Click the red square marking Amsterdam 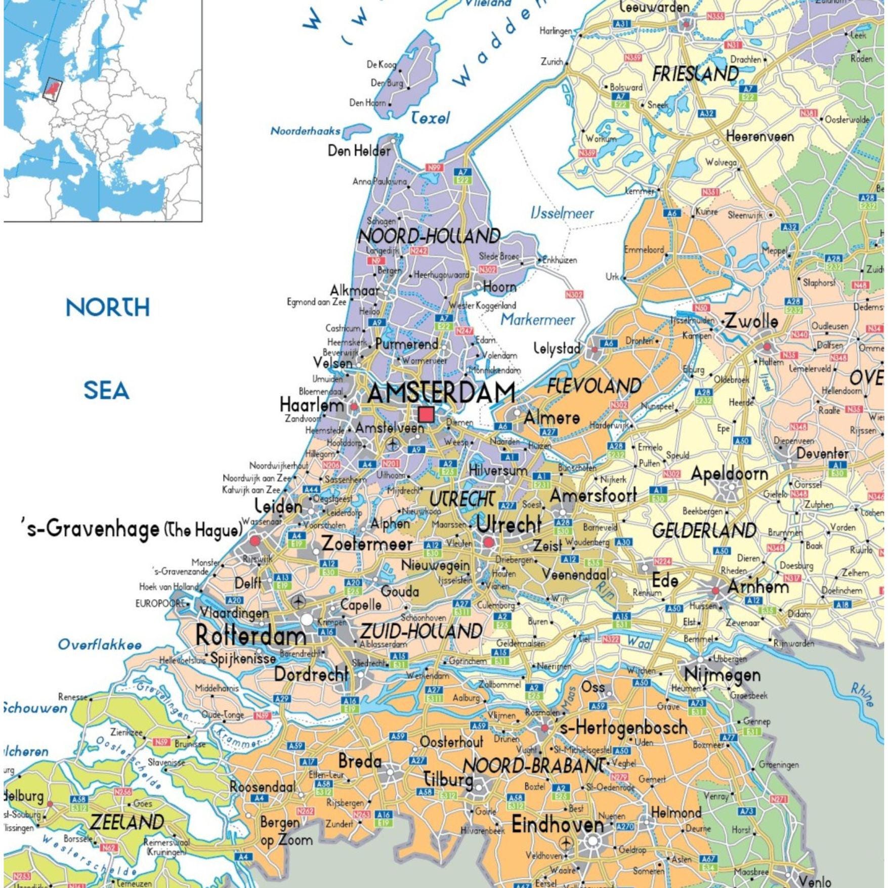(426, 414)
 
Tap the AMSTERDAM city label (441, 393)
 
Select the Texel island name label (430, 118)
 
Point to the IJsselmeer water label (562, 213)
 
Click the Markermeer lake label (537, 320)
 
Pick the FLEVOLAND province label (594, 387)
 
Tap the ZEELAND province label (126, 822)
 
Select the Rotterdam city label (250, 636)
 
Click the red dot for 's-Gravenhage (255, 540)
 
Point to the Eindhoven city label (557, 825)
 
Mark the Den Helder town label (359, 150)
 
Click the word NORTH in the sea (108, 307)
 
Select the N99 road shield (435, 167)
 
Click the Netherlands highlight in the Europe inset (52, 89)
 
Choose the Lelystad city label (557, 348)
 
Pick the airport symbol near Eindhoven (566, 843)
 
